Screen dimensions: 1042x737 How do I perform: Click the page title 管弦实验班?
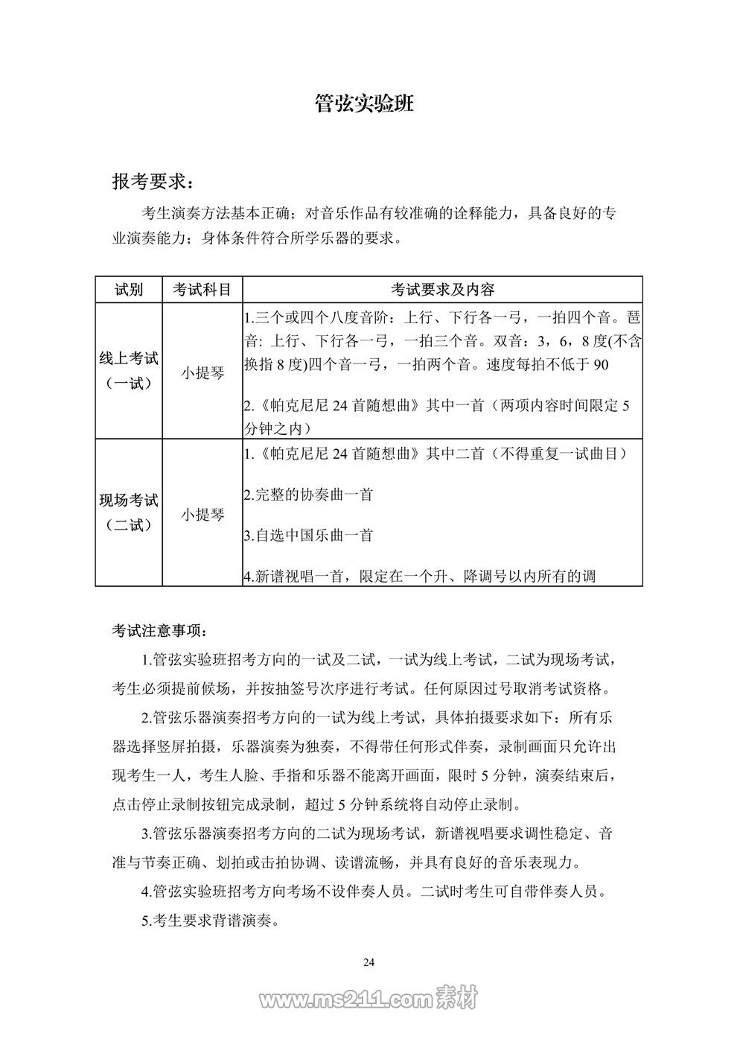364,104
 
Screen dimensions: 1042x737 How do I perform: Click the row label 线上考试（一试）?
129,371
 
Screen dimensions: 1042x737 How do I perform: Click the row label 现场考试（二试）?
129,512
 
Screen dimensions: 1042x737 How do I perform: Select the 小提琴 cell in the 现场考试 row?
202,514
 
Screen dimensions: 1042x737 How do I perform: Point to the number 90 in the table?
601,364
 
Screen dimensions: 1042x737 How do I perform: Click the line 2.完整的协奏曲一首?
309,495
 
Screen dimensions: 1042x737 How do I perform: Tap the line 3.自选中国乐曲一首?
309,536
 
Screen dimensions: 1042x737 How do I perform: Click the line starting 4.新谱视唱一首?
420,576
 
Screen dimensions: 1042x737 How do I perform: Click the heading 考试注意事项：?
156,631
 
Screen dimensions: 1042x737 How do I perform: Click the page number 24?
368,962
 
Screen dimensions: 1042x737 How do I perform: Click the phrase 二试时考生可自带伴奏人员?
512,892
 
